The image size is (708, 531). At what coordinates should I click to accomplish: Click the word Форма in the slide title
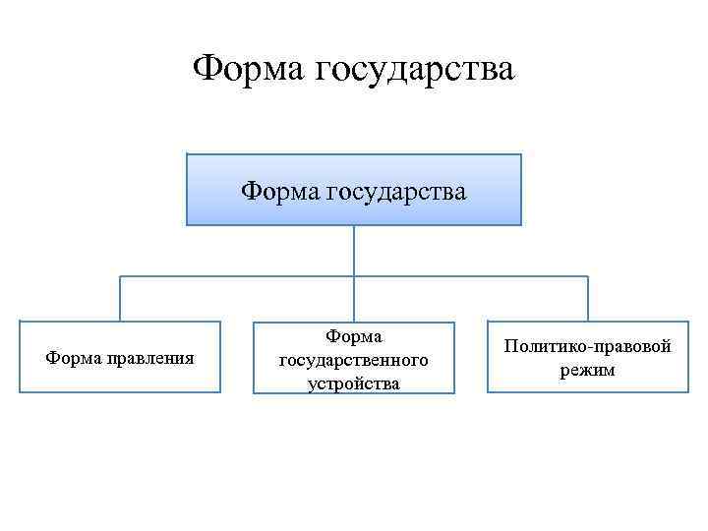[247, 70]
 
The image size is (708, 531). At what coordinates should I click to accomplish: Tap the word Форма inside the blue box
[279, 189]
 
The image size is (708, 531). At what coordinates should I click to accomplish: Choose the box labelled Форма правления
[120, 357]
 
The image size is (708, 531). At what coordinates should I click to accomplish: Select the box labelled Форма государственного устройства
[354, 358]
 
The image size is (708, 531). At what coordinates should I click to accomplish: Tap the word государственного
[354, 359]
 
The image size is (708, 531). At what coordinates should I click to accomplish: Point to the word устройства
[354, 383]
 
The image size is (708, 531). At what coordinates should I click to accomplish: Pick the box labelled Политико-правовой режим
[588, 357]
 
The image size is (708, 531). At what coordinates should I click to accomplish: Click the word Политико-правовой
[588, 346]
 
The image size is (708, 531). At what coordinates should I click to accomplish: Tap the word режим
[588, 370]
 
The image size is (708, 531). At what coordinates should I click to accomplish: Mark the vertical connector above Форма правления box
[120, 298]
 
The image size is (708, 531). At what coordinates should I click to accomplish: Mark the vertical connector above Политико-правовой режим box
[588, 298]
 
